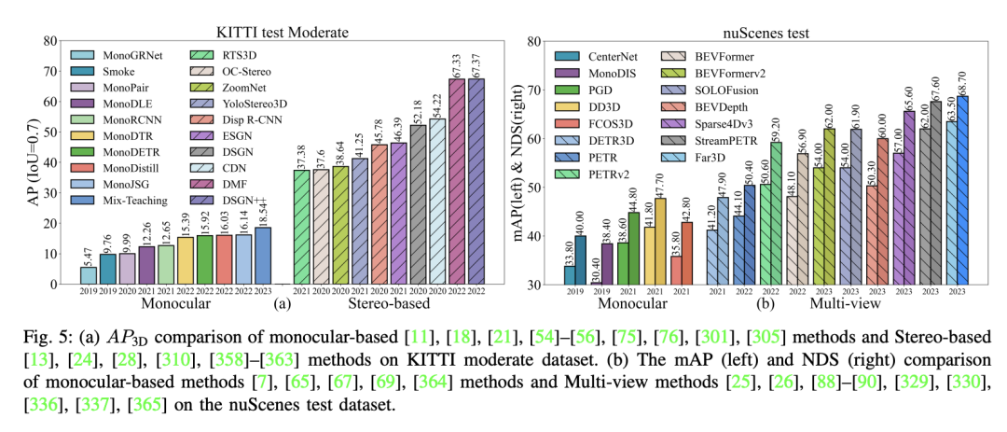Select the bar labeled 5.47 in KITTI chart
(88, 275)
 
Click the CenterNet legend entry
(614, 55)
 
